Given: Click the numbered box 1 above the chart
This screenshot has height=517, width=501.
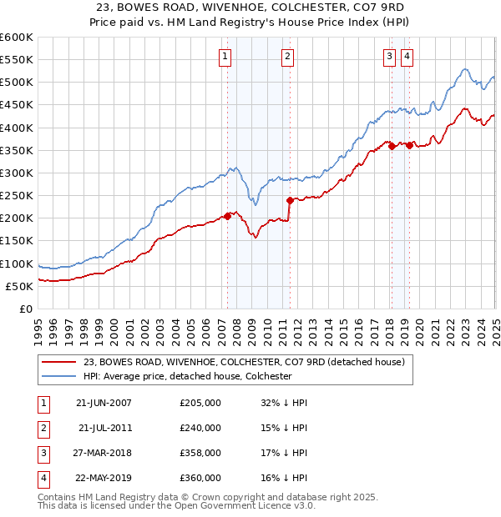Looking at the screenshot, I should click(x=226, y=57).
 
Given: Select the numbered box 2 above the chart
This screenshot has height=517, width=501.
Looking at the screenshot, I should click(x=287, y=57).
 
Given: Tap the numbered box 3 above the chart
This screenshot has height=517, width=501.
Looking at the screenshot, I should click(x=390, y=57).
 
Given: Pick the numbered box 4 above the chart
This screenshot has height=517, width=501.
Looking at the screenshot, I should click(x=407, y=57).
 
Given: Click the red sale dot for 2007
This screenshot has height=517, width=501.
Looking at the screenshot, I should click(x=227, y=215).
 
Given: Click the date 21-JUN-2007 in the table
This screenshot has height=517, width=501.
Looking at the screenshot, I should click(x=104, y=403).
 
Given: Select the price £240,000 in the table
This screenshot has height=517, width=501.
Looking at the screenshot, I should click(x=200, y=428).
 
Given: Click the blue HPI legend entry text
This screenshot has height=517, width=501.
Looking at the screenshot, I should click(x=187, y=376).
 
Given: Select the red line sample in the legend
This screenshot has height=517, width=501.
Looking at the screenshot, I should click(x=58, y=362).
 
